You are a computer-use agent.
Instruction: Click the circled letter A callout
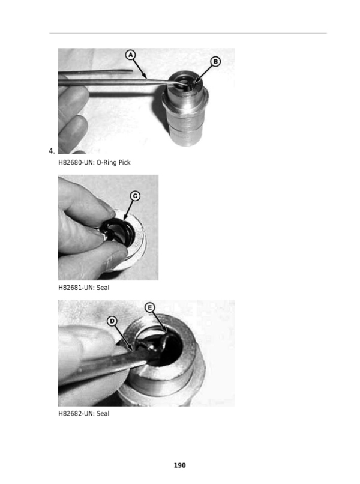130,55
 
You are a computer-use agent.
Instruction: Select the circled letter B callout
215,62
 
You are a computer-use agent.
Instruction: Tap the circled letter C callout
135,196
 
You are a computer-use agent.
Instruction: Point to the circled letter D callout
112,321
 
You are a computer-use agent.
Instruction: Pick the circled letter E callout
150,307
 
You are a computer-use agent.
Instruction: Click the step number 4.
52,151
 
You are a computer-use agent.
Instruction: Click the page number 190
179,465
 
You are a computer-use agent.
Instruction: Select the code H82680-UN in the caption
76,162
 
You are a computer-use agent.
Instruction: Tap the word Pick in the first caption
125,162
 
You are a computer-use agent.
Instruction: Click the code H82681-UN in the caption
76,288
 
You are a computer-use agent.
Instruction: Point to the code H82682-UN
76,414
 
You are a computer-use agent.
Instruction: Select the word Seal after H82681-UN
103,288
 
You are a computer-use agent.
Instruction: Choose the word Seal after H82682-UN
103,414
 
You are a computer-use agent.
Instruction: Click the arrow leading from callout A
140,69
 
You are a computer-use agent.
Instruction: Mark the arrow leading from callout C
128,210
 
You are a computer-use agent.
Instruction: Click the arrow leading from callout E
160,323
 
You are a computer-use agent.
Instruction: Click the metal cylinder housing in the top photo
185,108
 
